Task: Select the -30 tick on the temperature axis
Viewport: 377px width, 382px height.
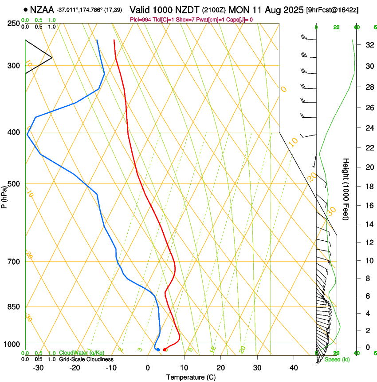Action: pos(38,368)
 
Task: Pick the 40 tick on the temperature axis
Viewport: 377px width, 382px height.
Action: pos(294,368)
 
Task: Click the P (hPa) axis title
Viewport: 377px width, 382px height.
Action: pos(4,195)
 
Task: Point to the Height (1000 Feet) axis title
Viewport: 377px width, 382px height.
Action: pos(346,189)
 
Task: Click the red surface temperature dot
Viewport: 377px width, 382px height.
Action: pos(165,350)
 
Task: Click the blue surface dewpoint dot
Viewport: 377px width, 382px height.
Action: pos(158,350)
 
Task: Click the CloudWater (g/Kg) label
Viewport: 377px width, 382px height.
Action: pos(82,353)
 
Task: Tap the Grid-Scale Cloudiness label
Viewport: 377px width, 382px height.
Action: pos(86,359)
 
